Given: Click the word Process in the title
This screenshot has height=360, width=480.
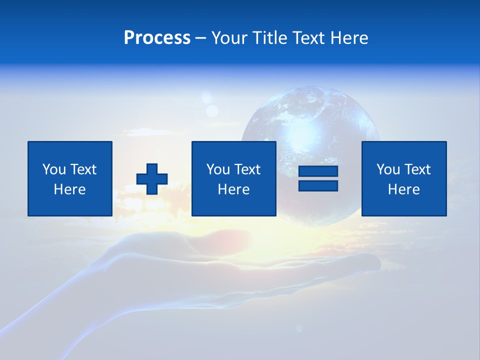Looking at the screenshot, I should (157, 38).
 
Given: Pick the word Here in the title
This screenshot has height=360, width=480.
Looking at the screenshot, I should (349, 38).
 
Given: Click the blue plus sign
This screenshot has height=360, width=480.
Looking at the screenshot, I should (152, 179).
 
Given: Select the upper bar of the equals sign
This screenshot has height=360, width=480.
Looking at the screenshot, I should (318, 171).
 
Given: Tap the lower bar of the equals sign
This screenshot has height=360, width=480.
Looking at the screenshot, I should (318, 185).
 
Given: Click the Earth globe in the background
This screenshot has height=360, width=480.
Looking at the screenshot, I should (310, 120).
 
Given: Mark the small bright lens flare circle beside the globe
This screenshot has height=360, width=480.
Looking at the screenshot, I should (212, 110).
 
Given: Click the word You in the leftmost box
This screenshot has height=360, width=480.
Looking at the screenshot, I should (54, 169).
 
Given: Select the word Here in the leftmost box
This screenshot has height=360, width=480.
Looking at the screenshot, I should (69, 189).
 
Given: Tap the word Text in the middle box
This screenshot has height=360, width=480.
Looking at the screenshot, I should (247, 169).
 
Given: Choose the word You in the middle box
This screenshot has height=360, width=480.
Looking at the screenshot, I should (218, 169).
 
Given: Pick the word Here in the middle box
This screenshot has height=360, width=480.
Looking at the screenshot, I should (233, 189).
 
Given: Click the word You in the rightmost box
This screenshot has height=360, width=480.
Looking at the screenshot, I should (388, 169).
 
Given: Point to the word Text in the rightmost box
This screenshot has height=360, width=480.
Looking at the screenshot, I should (417, 169).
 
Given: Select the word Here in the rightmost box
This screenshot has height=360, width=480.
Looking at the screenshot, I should (403, 189).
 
